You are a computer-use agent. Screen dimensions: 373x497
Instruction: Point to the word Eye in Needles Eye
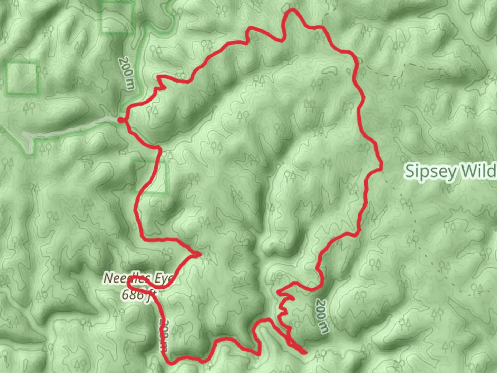tap(163, 279)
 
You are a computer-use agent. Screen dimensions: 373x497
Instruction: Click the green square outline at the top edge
tap(117, 17)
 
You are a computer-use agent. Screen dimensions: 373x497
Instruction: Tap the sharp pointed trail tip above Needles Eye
tap(198, 255)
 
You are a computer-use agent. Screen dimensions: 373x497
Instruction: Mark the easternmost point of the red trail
tap(382, 168)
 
